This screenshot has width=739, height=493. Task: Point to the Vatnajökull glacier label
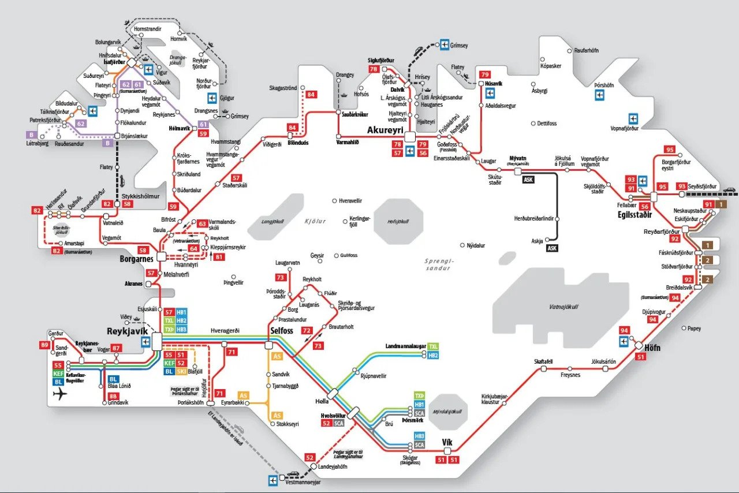563,307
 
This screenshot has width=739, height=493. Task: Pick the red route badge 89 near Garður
45,345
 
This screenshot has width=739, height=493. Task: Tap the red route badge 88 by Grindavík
113,396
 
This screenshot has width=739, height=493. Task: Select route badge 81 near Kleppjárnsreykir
218,257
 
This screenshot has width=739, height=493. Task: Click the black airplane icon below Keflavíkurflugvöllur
59,394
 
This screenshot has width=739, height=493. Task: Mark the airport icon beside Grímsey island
445,44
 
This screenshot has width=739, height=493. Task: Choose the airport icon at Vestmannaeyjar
273,480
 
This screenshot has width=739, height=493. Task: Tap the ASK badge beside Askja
553,248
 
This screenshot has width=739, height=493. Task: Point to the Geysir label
318,255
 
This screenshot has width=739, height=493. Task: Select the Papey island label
694,328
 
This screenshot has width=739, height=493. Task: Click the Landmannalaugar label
405,346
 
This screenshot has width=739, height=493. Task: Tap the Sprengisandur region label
441,264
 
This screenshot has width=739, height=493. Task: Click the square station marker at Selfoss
268,345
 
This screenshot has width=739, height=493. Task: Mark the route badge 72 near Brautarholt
306,331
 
